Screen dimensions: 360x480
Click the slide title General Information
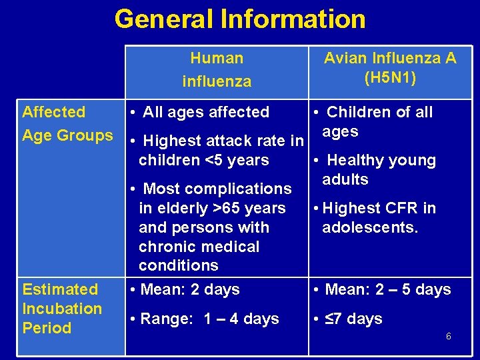pyautogui.click(x=240, y=19)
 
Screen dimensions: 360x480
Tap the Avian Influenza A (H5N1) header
pyautogui.click(x=390, y=68)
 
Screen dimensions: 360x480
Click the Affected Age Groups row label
pyautogui.click(x=67, y=123)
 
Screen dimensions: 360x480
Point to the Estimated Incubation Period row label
pyautogui.click(x=62, y=308)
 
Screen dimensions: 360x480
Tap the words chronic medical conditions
pyautogui.click(x=199, y=256)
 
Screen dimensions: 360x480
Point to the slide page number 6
pyautogui.click(x=448, y=336)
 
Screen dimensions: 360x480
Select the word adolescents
pyautogui.click(x=369, y=227)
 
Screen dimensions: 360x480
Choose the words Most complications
pyautogui.click(x=217, y=189)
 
